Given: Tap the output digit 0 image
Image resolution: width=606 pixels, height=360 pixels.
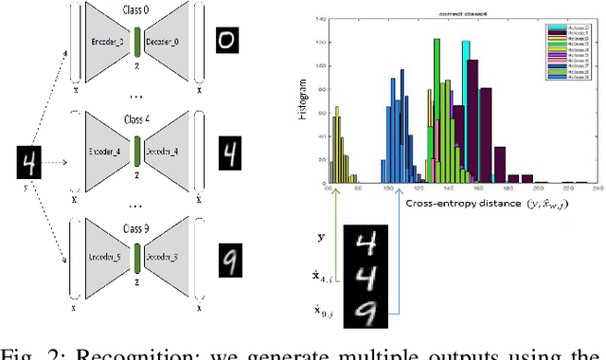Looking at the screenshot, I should click(x=225, y=42).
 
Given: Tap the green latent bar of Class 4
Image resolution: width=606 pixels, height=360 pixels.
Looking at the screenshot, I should click(x=136, y=152).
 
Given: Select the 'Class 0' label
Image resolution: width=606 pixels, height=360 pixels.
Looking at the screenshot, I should click(x=138, y=10).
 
